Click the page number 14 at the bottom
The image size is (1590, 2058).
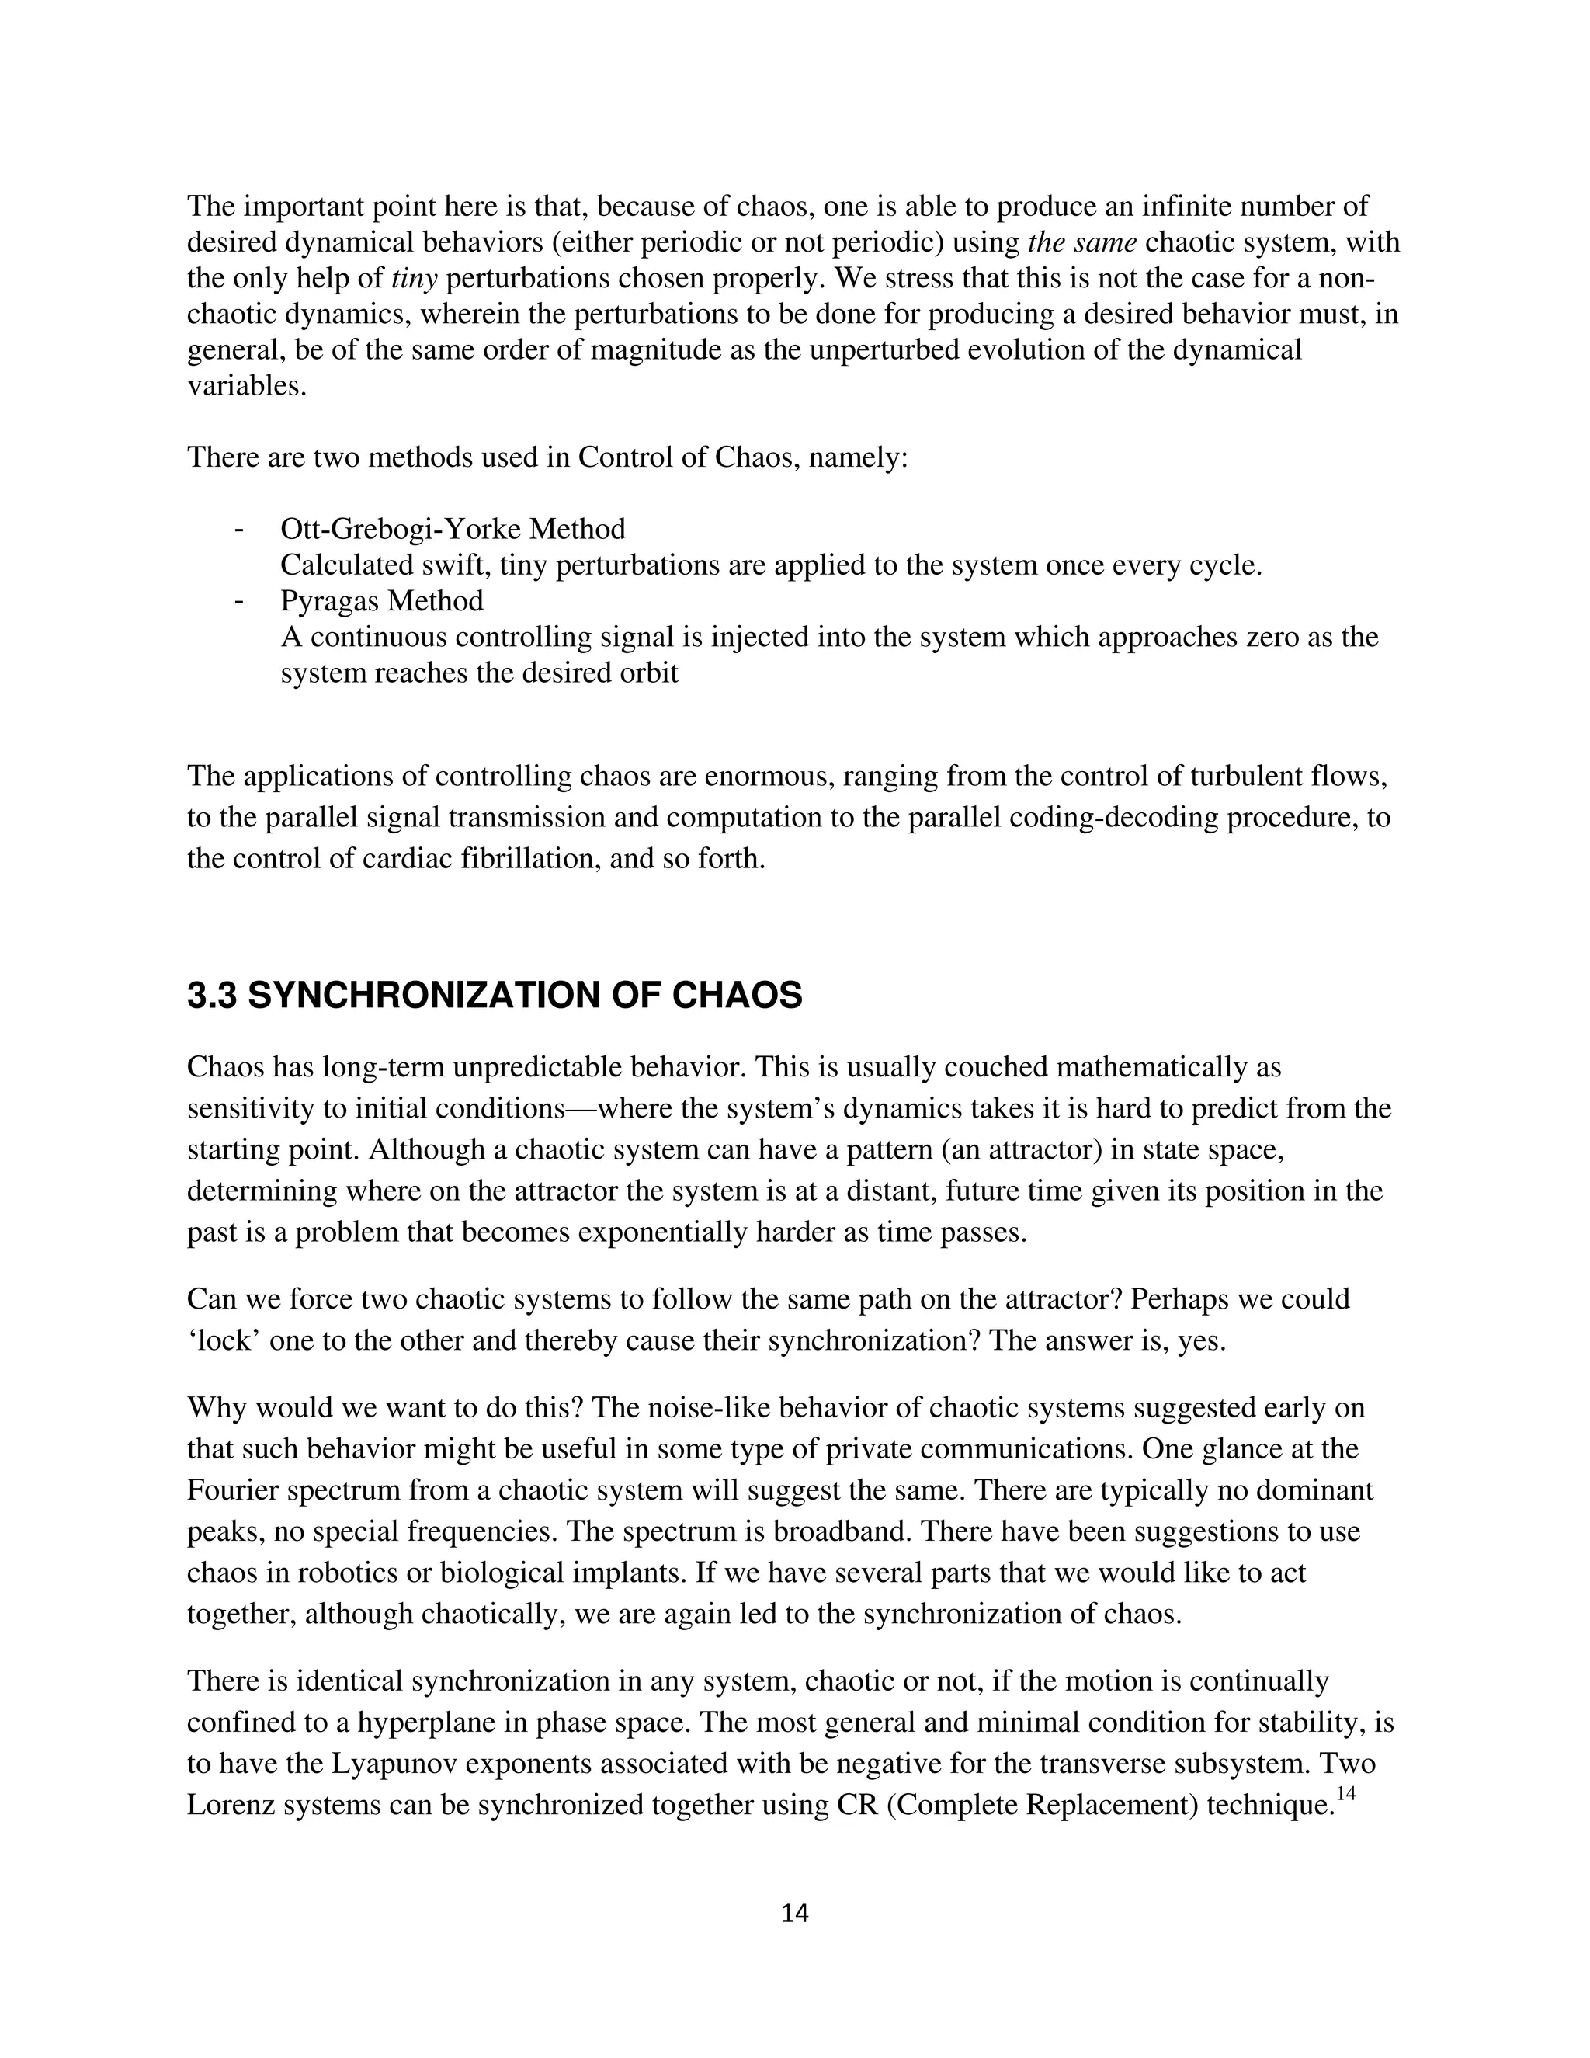click(794, 1913)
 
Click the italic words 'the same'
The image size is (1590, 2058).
click(1081, 242)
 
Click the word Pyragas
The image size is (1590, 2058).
click(330, 600)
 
